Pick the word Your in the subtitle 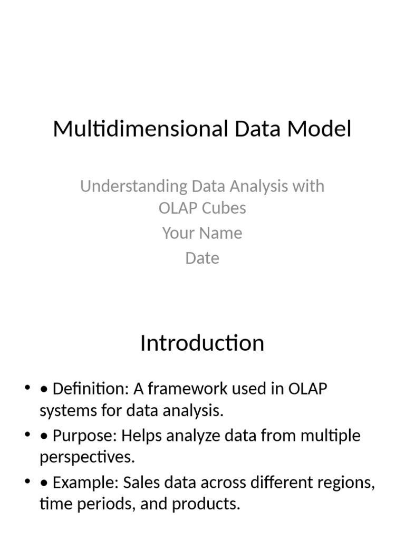(177, 233)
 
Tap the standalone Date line (202, 258)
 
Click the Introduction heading (202, 343)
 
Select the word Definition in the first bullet (88, 389)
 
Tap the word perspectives (86, 458)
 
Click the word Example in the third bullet (86, 483)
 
